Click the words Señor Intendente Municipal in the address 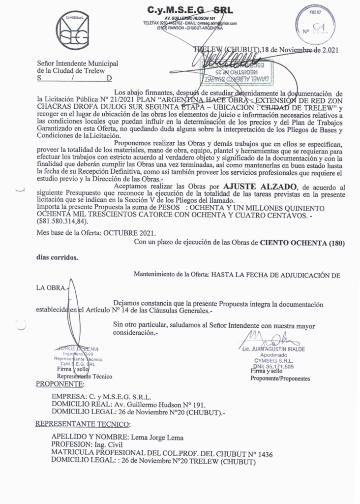pos(78,64)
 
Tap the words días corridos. pos(57,257)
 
